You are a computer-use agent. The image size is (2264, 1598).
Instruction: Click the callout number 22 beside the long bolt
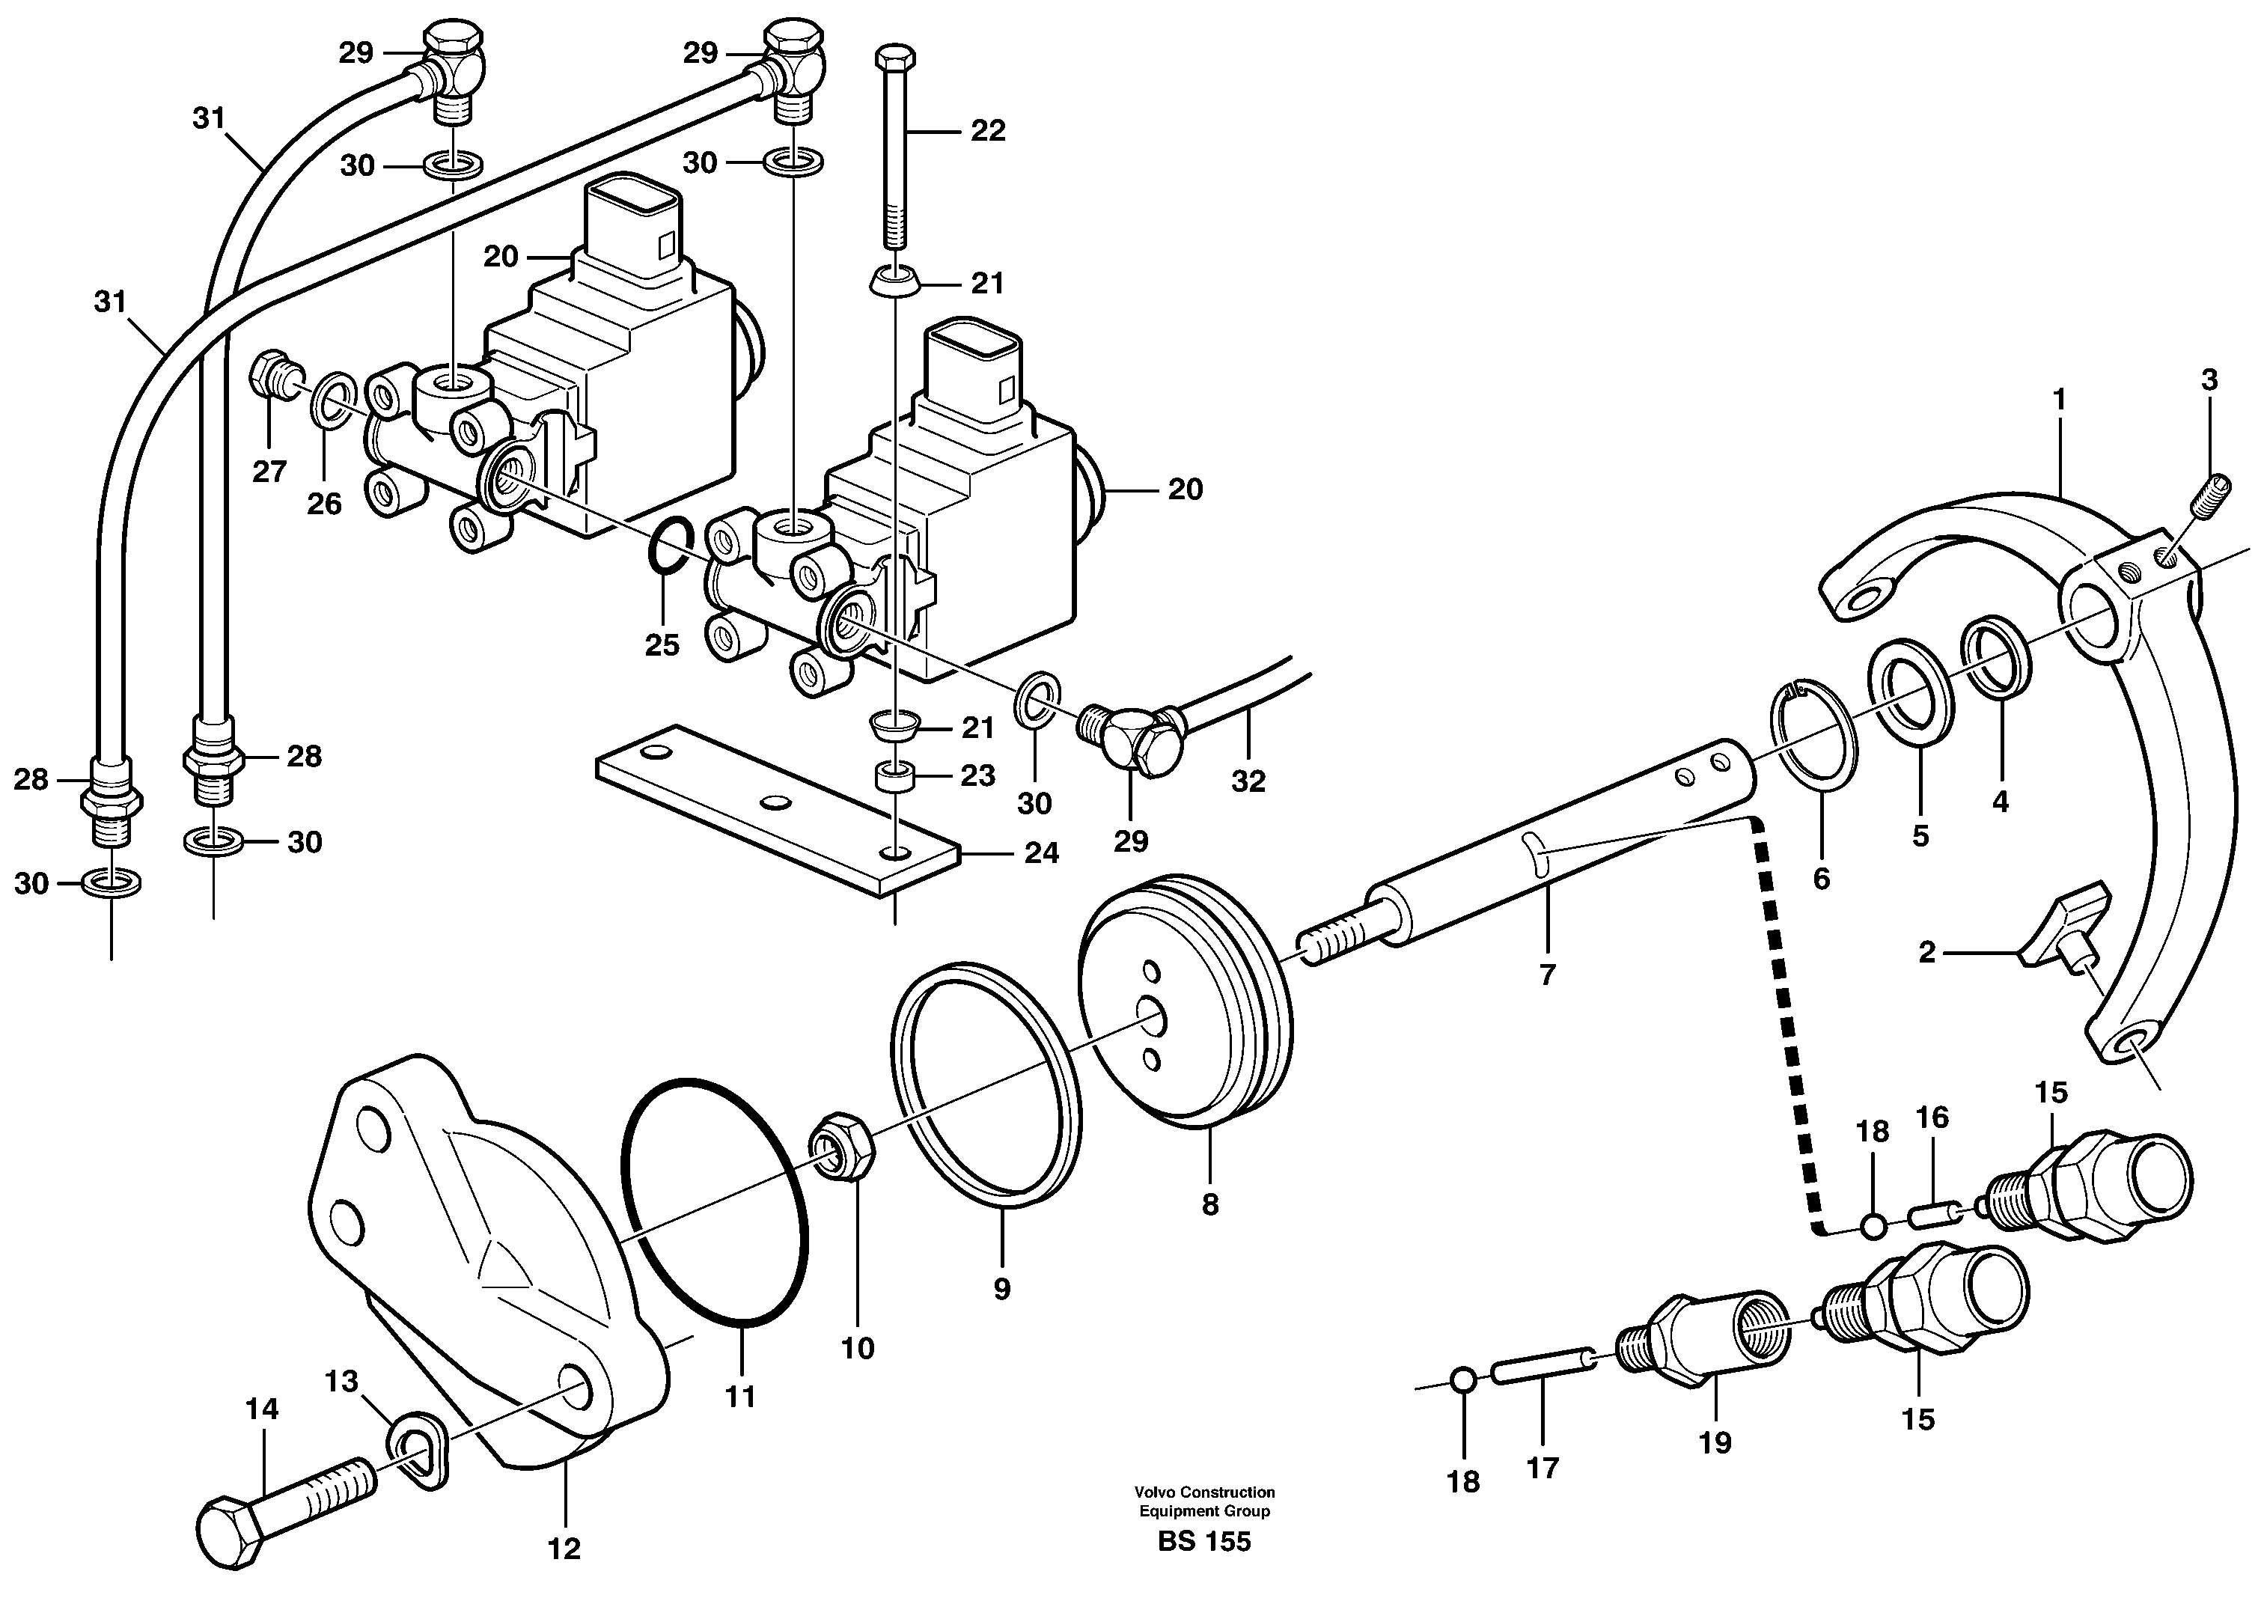click(x=987, y=131)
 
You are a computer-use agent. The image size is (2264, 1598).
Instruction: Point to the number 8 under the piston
click(x=1210, y=1204)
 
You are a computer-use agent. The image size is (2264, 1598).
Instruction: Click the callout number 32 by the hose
click(x=1248, y=781)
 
